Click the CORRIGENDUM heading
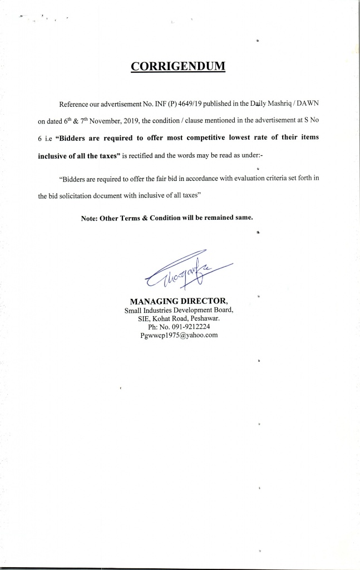pyautogui.click(x=178, y=67)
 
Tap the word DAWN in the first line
pyautogui.click(x=307, y=105)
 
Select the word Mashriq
pyautogui.click(x=273, y=105)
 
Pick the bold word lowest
pyautogui.click(x=240, y=138)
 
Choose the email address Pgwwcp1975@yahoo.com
pyautogui.click(x=179, y=335)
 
